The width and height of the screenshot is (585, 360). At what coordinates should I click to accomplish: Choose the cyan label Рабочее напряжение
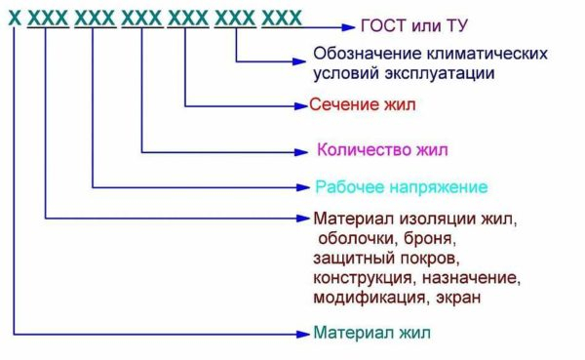pyautogui.click(x=401, y=186)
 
